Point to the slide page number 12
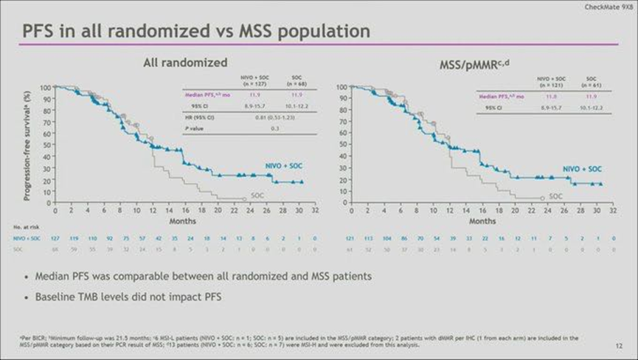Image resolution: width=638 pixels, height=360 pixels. (617, 345)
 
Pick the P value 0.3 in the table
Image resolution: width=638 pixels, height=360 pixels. (274, 128)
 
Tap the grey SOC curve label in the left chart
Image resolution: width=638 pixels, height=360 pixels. (257, 195)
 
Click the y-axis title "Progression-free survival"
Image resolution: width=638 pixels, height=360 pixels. (27, 145)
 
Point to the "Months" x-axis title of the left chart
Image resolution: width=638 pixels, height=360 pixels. (183, 221)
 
